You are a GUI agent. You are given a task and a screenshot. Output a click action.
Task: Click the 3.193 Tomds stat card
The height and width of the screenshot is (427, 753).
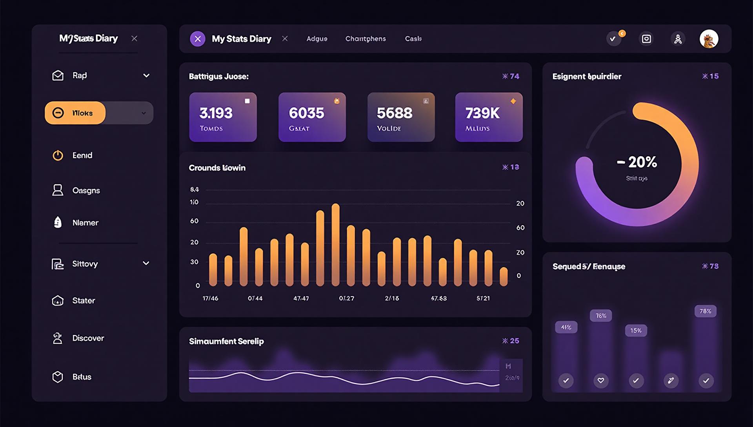(x=223, y=117)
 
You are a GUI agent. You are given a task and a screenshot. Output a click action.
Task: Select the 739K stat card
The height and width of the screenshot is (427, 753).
(x=489, y=117)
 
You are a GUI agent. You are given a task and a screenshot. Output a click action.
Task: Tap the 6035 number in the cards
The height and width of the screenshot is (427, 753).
(x=306, y=113)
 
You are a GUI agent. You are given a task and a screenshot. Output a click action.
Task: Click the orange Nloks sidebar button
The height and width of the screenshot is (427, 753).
(x=75, y=113)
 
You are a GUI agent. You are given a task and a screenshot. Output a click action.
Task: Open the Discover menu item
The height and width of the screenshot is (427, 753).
(x=88, y=338)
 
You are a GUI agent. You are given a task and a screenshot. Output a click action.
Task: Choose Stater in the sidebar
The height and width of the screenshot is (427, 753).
(x=84, y=301)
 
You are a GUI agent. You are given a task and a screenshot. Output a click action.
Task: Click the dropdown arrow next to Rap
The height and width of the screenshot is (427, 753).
(x=146, y=75)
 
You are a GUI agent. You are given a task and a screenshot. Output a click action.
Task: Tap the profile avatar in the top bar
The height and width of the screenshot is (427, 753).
(x=709, y=39)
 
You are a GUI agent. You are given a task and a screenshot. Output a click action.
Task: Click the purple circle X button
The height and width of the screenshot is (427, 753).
(x=198, y=39)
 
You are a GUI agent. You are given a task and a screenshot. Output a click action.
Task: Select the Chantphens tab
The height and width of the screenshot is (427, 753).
(x=366, y=39)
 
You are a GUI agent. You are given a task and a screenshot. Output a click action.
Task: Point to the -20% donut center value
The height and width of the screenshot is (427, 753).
(x=637, y=162)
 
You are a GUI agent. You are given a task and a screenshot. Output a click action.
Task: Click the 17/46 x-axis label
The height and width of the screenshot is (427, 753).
(x=210, y=298)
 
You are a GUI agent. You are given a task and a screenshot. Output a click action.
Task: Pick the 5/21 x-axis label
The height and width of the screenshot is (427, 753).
(x=483, y=298)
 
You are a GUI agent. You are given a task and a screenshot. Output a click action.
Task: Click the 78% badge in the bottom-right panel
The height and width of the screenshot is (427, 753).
(x=705, y=311)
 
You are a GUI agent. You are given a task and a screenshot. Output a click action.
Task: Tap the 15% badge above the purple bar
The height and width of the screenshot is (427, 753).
(x=636, y=330)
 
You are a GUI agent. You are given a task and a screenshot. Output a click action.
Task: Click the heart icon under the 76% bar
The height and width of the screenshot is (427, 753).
(x=601, y=380)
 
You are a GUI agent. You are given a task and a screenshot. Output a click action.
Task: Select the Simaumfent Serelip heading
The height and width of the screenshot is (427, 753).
(x=226, y=341)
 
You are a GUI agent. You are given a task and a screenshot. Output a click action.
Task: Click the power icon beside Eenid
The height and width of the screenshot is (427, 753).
(x=58, y=155)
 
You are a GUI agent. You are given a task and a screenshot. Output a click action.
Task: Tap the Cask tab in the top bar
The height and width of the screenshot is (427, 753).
(x=413, y=39)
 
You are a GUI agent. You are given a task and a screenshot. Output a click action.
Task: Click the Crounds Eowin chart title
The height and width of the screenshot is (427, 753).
(x=217, y=168)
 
